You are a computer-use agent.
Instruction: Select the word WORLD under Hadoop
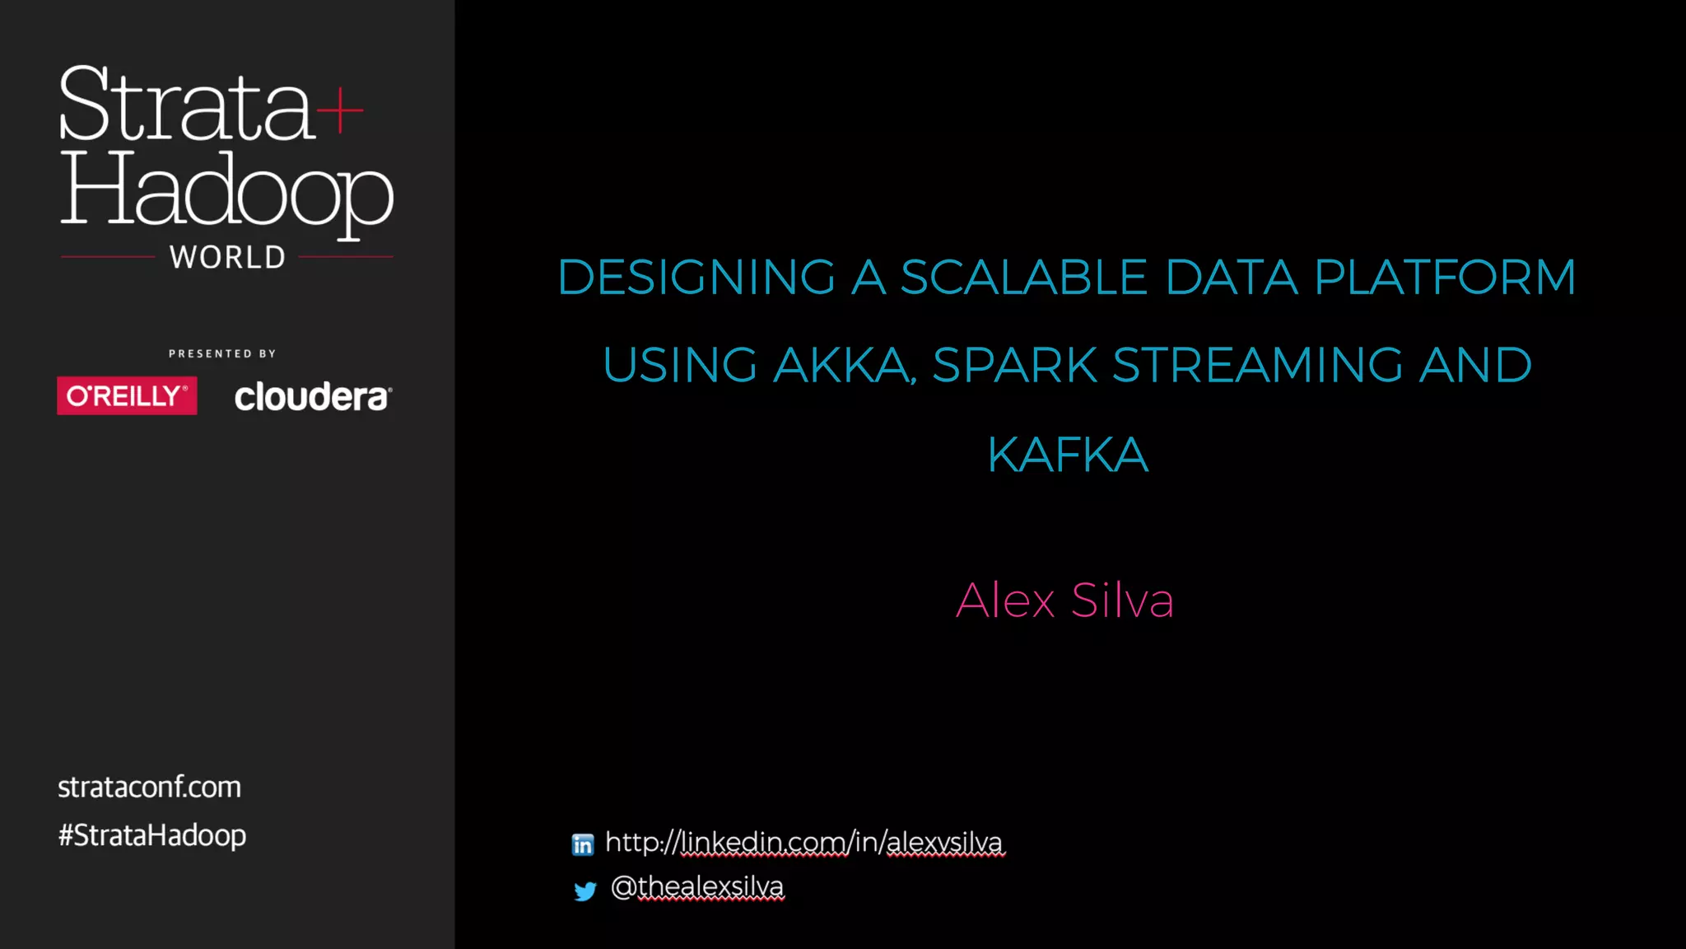227,258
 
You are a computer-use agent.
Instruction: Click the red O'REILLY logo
127,396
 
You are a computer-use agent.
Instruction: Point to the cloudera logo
313,397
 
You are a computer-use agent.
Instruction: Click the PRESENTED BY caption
222,353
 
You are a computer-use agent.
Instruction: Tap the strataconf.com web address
149,788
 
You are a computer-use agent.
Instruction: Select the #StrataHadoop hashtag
152,835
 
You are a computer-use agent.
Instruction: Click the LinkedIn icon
583,844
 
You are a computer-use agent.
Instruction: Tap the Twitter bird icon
585,891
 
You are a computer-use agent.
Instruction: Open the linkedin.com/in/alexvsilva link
804,842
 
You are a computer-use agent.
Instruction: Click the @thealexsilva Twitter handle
697,886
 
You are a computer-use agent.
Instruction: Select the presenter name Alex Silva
1064,600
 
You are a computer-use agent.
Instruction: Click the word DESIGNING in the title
696,277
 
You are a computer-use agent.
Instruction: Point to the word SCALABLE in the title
1023,277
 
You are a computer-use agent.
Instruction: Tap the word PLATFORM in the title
1445,277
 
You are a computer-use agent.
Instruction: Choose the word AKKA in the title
843,365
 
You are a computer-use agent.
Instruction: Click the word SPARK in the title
1014,365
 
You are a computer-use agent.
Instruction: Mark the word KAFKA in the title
1068,455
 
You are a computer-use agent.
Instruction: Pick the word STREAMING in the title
1257,365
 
